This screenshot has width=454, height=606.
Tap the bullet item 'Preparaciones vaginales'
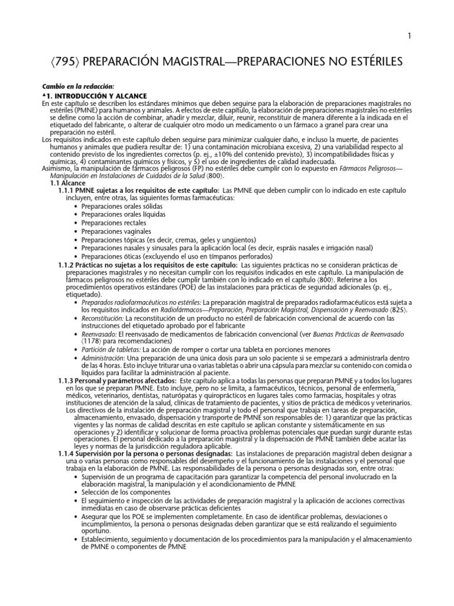[120, 231]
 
